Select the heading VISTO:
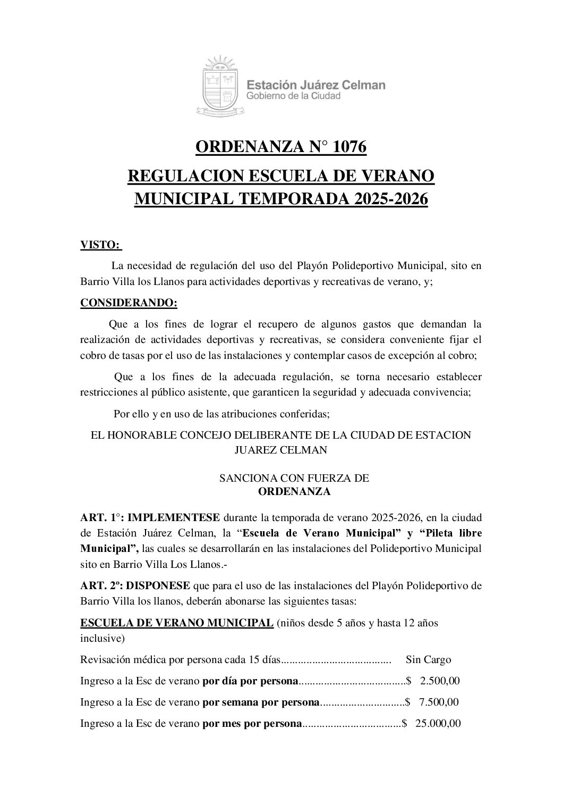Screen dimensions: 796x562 (100, 245)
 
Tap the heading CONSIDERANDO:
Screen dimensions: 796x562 (129, 303)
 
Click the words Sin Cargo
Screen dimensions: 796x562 (428, 659)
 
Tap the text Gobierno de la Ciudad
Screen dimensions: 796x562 (293, 96)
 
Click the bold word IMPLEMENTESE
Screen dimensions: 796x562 (174, 517)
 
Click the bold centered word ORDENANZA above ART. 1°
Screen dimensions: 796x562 (294, 491)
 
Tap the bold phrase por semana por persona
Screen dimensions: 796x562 (261, 702)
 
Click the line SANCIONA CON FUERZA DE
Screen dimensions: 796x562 (294, 478)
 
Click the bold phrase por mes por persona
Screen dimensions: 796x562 (252, 723)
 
